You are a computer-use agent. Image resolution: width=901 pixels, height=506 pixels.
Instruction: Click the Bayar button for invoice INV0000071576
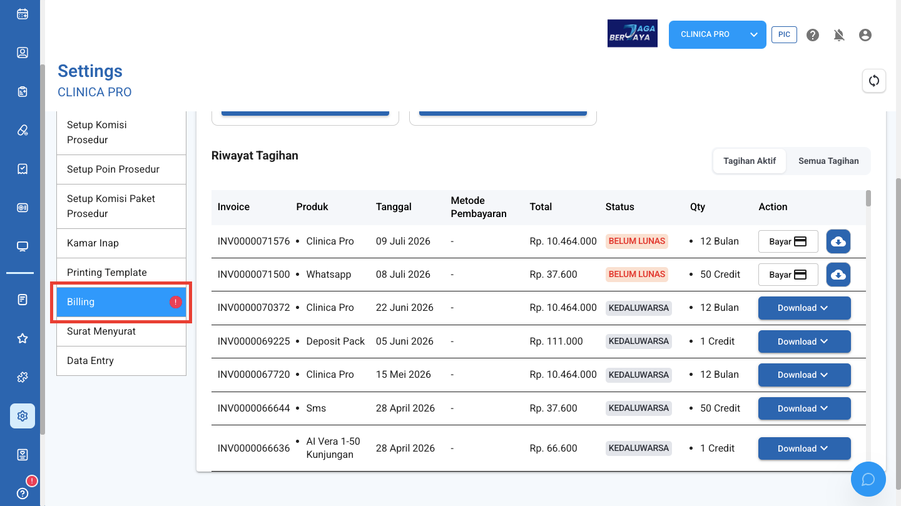point(788,241)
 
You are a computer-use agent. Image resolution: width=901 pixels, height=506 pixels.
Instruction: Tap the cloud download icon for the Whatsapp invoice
point(838,275)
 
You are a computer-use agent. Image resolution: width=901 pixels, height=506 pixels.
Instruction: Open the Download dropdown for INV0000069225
point(805,342)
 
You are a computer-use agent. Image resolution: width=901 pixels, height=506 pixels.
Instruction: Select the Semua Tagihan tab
point(828,161)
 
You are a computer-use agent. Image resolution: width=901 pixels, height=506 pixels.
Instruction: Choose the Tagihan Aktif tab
point(750,161)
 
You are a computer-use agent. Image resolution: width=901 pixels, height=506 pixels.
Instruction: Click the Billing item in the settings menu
point(121,302)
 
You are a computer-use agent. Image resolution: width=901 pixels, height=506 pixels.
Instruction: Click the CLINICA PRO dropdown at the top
point(717,34)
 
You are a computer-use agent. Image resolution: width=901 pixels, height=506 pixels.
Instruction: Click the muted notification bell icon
point(838,35)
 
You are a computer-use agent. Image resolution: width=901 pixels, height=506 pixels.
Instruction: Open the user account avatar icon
point(865,35)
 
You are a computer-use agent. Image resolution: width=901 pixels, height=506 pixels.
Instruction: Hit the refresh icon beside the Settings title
point(873,81)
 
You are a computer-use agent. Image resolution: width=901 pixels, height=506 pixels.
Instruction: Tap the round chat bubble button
point(868,479)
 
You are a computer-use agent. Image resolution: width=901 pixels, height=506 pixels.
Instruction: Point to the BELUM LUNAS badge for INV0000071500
point(637,275)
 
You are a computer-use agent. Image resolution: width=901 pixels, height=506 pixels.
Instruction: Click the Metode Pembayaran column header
point(479,207)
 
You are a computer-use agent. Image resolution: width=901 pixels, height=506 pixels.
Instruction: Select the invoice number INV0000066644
point(254,408)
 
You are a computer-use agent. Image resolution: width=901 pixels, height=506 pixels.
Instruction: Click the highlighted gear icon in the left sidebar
point(23,416)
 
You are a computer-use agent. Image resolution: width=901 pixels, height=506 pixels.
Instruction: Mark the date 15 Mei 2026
point(404,375)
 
